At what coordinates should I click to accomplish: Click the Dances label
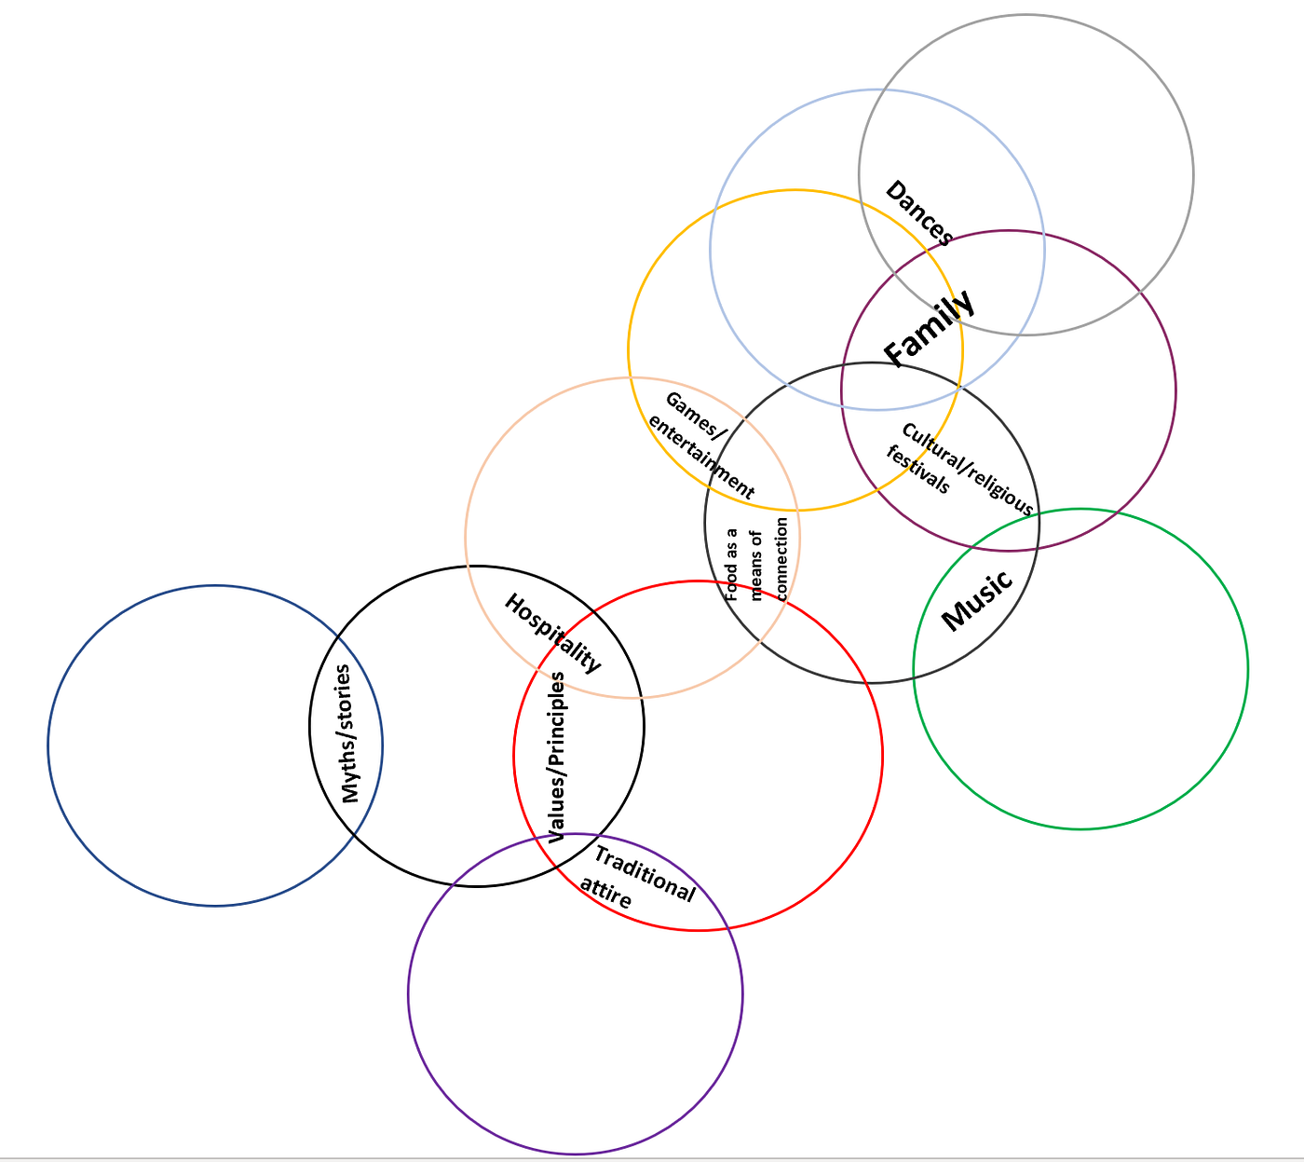coord(919,212)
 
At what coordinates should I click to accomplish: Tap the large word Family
coord(930,329)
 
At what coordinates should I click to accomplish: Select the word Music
coord(977,600)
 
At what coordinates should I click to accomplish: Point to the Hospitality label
coord(553,633)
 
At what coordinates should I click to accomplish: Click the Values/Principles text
coord(556,758)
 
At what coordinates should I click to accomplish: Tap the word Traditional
coord(645,874)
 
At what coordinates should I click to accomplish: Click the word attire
coord(605,893)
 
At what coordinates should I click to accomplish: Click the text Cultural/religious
coord(968,469)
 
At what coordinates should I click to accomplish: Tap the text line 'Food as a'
coord(732,565)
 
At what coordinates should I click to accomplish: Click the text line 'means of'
coord(757,566)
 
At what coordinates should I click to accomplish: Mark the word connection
coord(782,559)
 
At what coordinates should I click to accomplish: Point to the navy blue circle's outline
coord(48,745)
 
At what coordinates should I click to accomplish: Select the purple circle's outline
coord(408,993)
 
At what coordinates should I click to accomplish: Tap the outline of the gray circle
coord(1193,174)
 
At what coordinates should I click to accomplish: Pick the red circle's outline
coord(882,756)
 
